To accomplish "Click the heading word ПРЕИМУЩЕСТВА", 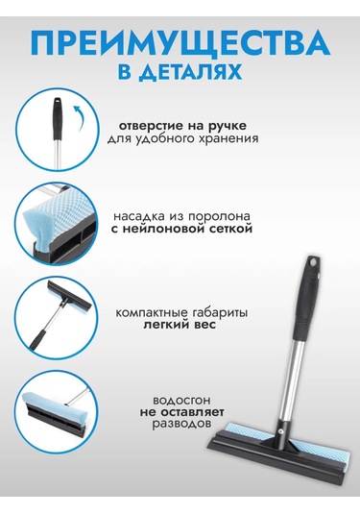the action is [181, 43].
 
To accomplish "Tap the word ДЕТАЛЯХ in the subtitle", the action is [190, 73].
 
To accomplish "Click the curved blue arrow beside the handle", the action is [79, 117].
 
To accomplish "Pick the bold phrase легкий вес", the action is [180, 325].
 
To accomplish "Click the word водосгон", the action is [181, 401].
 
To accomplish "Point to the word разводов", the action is [181, 424].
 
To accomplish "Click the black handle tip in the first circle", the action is [58, 117].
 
